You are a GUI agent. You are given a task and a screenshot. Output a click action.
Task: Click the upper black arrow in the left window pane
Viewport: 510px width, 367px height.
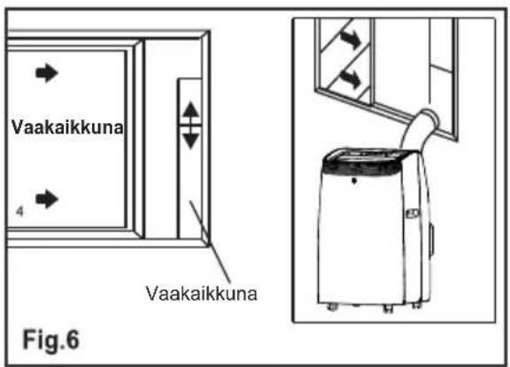tap(47, 73)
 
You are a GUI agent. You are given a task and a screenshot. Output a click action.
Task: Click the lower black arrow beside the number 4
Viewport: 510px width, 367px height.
tap(47, 199)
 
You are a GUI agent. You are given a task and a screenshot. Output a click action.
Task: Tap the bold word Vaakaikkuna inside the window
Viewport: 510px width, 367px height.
tap(67, 127)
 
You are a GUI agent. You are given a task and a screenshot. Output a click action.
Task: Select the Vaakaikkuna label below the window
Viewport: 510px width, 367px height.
tap(202, 294)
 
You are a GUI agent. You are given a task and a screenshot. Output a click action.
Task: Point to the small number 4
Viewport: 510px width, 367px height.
tap(19, 211)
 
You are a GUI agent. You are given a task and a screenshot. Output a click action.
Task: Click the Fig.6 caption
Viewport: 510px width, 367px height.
tap(50, 340)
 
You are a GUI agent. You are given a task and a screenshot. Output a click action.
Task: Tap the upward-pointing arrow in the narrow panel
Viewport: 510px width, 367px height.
tap(190, 111)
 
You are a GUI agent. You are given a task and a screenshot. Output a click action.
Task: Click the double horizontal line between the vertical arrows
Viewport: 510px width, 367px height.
tap(190, 126)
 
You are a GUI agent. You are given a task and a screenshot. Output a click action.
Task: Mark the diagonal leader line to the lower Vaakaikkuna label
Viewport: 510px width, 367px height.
tap(210, 242)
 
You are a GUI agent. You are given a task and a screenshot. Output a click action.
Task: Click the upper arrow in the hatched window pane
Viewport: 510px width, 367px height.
tap(351, 39)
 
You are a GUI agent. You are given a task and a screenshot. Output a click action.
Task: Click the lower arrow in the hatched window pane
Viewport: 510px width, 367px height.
tap(351, 80)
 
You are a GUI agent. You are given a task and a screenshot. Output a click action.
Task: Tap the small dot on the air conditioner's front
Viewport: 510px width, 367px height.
tap(354, 180)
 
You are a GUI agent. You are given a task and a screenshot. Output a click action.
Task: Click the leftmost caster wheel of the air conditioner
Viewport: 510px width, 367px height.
tap(332, 307)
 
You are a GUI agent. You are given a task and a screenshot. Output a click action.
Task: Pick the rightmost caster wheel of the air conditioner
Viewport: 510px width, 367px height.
tap(416, 305)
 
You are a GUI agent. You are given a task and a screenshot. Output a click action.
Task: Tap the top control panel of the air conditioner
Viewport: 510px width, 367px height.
tap(369, 155)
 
